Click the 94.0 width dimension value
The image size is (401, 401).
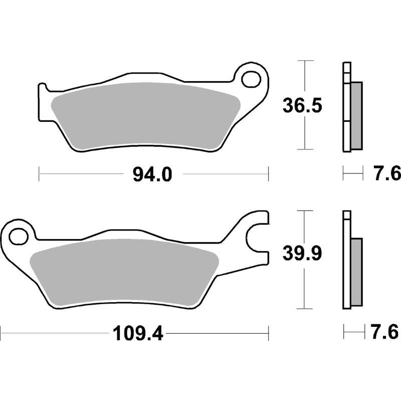coord(152,174)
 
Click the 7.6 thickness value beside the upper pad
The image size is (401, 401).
coord(386,174)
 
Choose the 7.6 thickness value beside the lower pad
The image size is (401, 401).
coord(386,332)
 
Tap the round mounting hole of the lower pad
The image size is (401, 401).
coord(20,235)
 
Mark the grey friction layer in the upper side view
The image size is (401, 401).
coord(355,115)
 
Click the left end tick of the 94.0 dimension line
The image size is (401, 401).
coord(39,174)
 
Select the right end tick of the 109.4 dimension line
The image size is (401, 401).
coord(269,332)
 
